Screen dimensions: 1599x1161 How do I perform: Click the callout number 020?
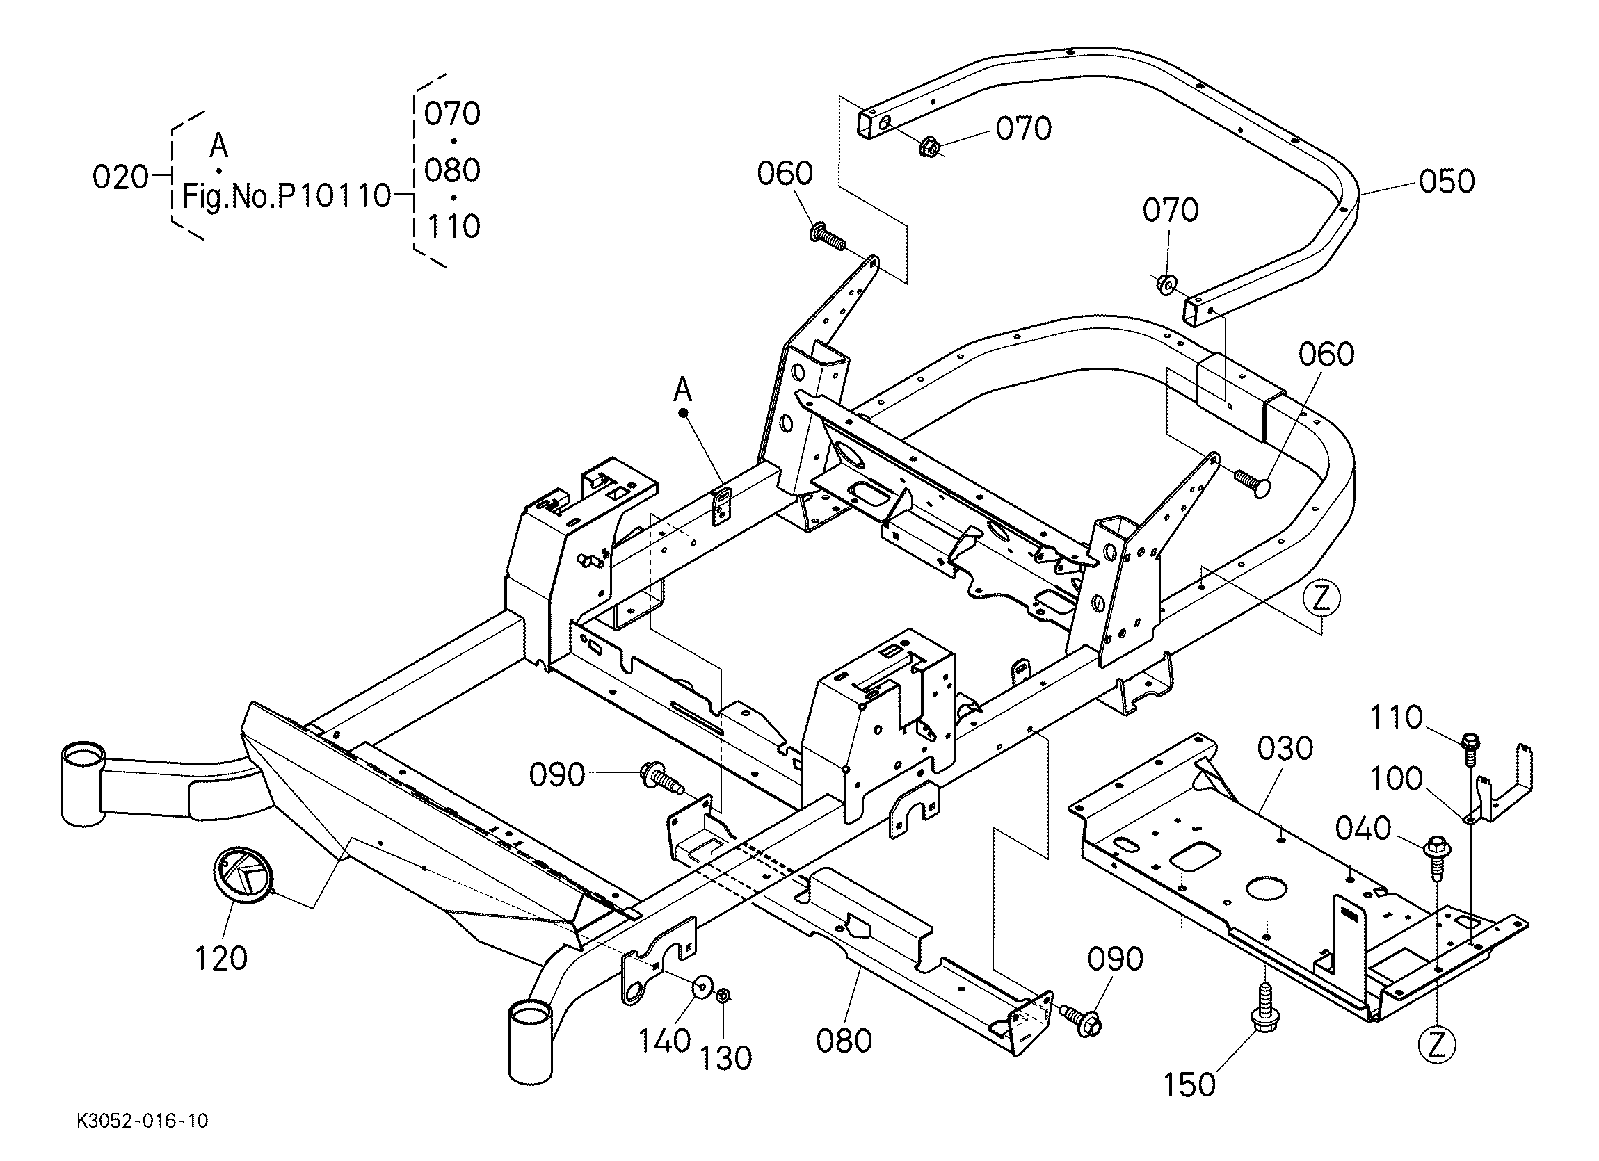pyautogui.click(x=120, y=178)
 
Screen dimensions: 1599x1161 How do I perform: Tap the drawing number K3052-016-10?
pyautogui.click(x=143, y=1121)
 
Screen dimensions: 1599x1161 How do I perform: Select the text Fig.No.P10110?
pyautogui.click(x=287, y=195)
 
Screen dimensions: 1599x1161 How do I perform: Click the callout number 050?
pyautogui.click(x=1447, y=181)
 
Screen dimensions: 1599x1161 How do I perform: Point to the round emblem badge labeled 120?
pyautogui.click(x=242, y=874)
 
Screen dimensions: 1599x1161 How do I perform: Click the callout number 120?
pyautogui.click(x=220, y=959)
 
